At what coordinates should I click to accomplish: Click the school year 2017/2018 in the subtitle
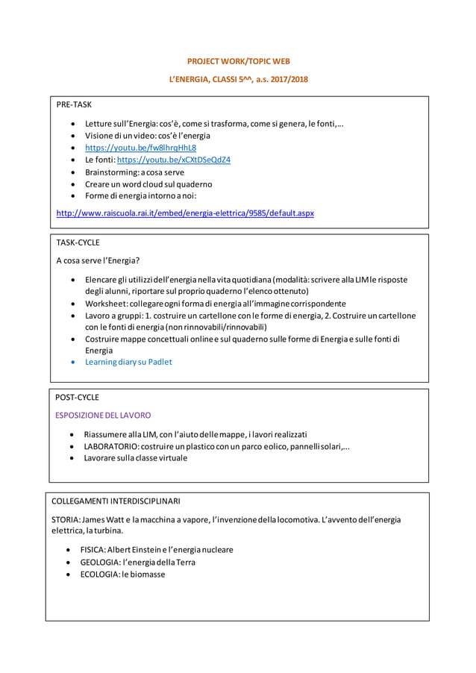click(x=288, y=78)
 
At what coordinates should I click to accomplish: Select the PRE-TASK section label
click(x=74, y=104)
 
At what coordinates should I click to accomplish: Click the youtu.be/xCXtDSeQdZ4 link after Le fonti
click(x=174, y=160)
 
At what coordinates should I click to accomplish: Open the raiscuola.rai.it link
click(x=185, y=213)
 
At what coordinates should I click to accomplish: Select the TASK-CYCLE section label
click(x=78, y=242)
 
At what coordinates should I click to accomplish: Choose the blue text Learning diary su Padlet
click(x=128, y=362)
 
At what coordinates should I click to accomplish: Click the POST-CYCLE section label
click(x=78, y=397)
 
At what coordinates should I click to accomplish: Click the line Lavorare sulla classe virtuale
click(x=135, y=458)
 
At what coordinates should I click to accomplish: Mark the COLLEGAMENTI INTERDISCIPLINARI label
click(x=116, y=501)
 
